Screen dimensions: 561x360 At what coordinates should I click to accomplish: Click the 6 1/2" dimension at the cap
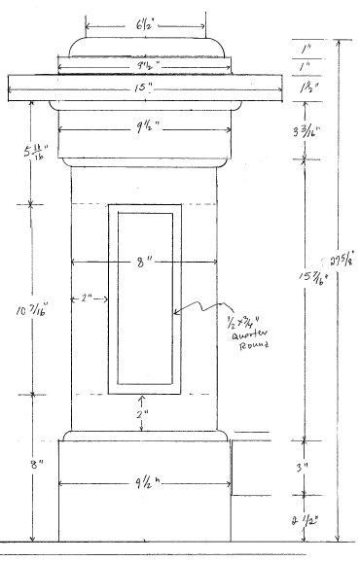pyautogui.click(x=146, y=21)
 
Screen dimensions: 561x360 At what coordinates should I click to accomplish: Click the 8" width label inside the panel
pyautogui.click(x=144, y=263)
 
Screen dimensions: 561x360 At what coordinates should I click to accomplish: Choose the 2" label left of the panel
pyautogui.click(x=90, y=298)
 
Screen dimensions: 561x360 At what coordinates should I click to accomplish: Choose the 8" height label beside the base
pyautogui.click(x=36, y=466)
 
